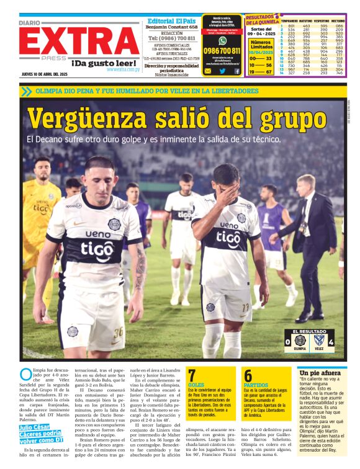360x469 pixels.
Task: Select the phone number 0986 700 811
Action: point(222,50)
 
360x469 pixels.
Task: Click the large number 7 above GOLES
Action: point(192,375)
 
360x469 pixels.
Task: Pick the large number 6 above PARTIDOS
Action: point(248,375)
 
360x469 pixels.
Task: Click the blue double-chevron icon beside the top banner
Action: point(26,91)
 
